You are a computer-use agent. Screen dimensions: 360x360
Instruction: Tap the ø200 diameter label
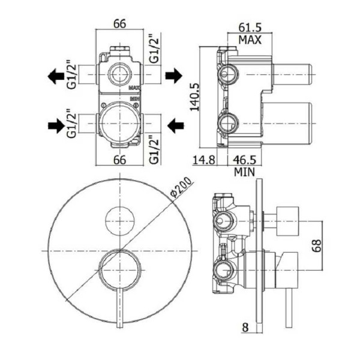pyautogui.click(x=180, y=188)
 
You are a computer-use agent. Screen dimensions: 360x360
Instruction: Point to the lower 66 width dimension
pyautogui.click(x=119, y=160)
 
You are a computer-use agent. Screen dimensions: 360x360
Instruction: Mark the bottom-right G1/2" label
pyautogui.click(x=154, y=149)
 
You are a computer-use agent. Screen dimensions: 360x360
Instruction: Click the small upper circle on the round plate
pyautogui.click(x=120, y=220)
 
